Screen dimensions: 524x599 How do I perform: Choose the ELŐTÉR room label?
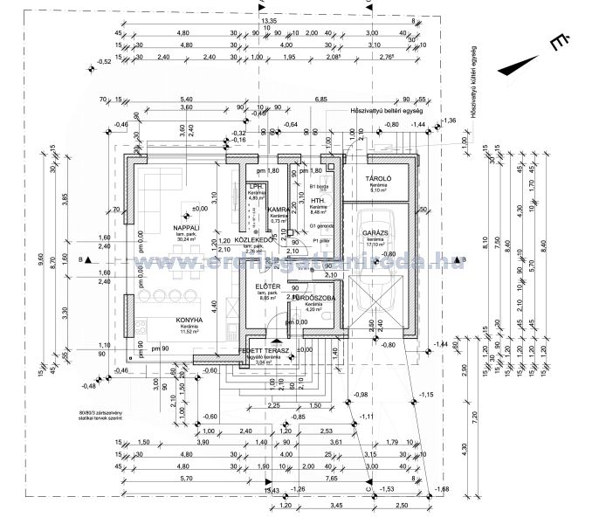(x=267, y=286)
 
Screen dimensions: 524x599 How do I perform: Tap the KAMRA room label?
(x=279, y=210)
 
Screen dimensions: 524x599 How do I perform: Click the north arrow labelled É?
(x=555, y=42)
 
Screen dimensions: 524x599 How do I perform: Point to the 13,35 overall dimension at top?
(x=269, y=19)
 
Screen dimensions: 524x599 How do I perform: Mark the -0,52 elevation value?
(x=105, y=61)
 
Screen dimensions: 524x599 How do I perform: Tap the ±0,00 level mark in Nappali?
(x=200, y=209)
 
